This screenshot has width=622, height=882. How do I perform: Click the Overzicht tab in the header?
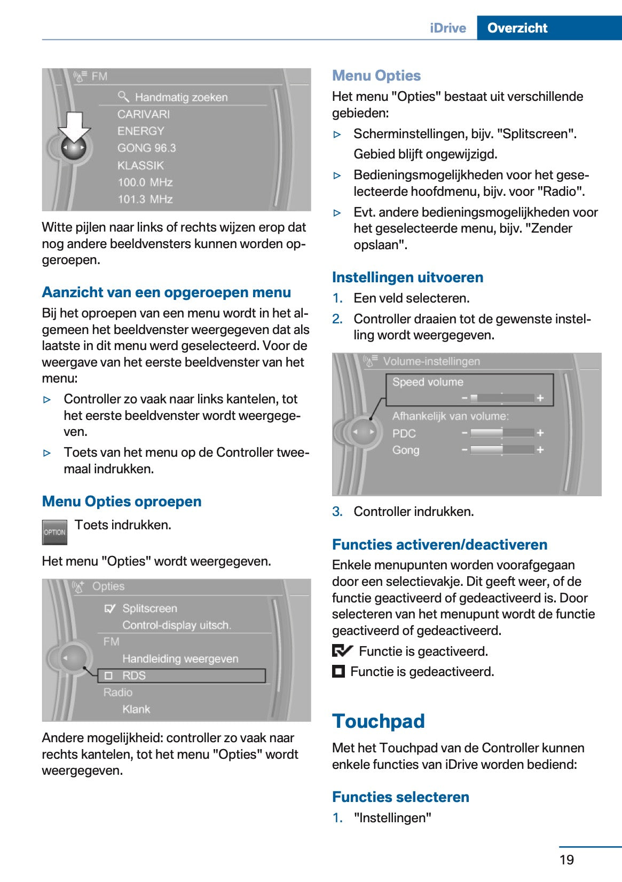pos(517,28)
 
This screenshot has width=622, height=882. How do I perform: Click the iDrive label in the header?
pos(447,28)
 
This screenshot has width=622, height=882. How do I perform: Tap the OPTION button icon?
pos(54,532)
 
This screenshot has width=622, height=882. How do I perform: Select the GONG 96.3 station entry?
pos(146,148)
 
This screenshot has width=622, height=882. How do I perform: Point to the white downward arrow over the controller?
pos(74,126)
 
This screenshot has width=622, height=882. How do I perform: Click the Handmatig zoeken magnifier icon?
pos(123,96)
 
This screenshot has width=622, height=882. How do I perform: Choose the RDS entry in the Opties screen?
pos(133,676)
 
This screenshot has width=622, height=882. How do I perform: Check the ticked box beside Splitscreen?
pos(110,608)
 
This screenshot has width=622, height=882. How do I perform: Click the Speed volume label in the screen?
pos(428,382)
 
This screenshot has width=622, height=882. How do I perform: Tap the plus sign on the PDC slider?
pos(540,433)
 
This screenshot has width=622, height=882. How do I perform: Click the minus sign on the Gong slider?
pos(464,450)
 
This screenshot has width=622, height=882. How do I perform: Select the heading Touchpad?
pos(378,721)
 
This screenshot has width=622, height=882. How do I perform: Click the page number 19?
pos(566,859)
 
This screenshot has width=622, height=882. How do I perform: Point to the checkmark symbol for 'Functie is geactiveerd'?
pos(342,651)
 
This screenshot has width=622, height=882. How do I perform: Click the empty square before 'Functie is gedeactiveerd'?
pos(338,671)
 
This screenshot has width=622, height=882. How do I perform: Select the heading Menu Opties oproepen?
pos(122,501)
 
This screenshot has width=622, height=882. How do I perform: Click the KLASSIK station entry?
pos(140,165)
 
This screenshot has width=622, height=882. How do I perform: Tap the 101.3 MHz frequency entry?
pos(145,199)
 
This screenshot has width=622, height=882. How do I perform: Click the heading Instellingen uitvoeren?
pos(407,277)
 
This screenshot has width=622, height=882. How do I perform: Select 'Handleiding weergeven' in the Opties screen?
pos(180,658)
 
